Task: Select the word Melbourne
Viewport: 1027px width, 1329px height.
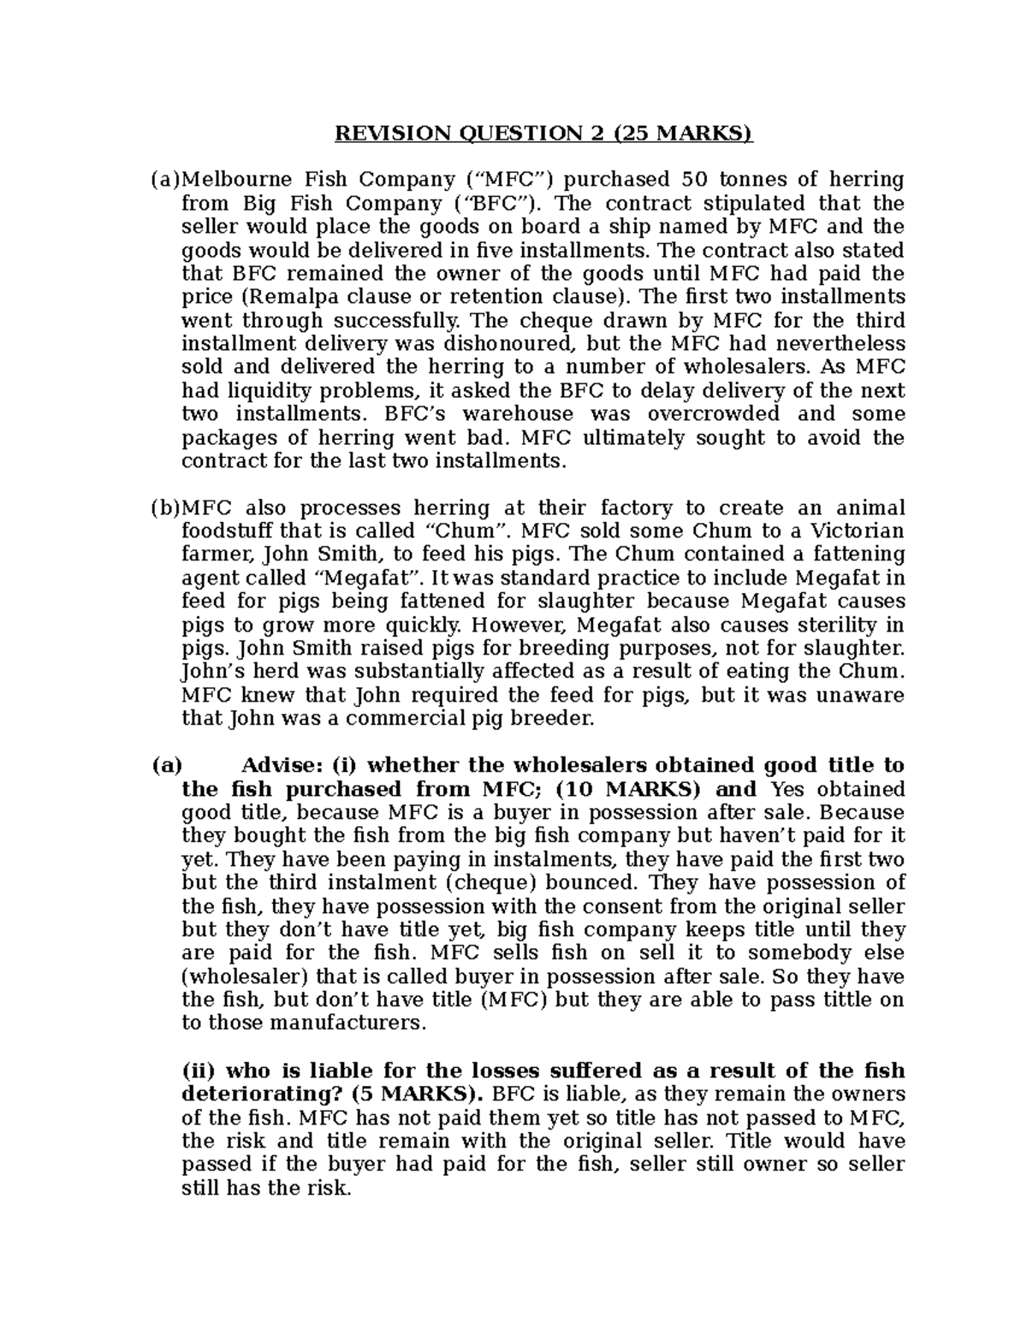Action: [229, 180]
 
